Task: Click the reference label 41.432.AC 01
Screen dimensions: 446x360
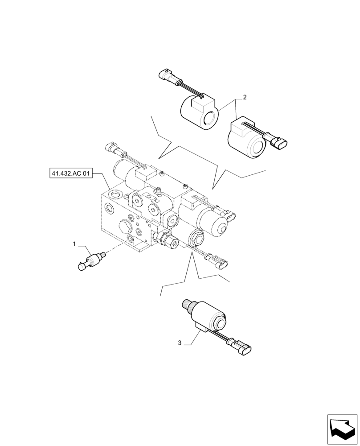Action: (x=70, y=173)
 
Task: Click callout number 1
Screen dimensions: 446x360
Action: (x=74, y=244)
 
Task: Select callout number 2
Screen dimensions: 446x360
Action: (x=244, y=97)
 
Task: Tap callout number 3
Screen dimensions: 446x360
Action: (x=180, y=343)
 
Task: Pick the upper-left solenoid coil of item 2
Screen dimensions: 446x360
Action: (x=199, y=112)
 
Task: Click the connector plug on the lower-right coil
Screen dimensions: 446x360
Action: (x=279, y=142)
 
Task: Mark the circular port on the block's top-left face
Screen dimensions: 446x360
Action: (x=117, y=195)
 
